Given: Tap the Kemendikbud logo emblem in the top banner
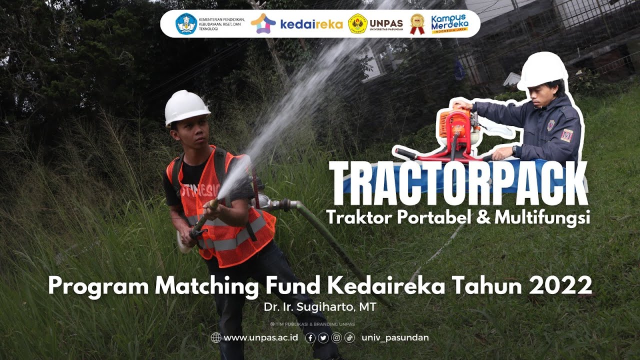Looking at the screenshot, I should (186, 23).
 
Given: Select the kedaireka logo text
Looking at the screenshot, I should (311, 24).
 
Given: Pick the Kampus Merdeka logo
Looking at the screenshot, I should (449, 23).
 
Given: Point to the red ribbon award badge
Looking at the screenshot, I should (417, 23).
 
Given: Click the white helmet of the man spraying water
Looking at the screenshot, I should (186, 106).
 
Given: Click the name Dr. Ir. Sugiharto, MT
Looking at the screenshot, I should (319, 307).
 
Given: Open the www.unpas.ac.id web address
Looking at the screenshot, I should (260, 337).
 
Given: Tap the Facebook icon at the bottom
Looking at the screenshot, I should (310, 338).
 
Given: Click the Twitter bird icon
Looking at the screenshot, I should (323, 338).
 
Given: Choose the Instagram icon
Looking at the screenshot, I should (336, 338).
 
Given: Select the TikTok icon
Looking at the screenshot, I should (349, 338).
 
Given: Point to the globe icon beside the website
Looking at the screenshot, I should (216, 337).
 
